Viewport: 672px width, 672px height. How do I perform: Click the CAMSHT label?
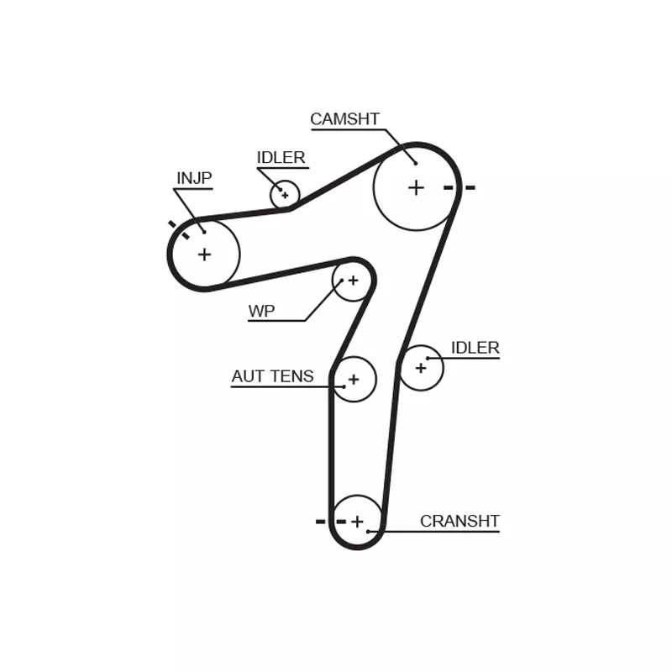click(344, 119)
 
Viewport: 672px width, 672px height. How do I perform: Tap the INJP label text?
click(194, 178)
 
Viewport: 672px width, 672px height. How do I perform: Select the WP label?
click(261, 311)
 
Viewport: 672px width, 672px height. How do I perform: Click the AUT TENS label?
click(272, 376)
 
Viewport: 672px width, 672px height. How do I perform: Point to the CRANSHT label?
click(459, 521)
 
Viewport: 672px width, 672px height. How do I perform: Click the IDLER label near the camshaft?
click(281, 158)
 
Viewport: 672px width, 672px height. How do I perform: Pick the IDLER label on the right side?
click(475, 348)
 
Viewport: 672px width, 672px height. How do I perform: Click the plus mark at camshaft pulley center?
click(416, 187)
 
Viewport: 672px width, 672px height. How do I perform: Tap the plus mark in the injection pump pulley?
click(204, 255)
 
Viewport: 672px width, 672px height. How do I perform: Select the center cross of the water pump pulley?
click(353, 281)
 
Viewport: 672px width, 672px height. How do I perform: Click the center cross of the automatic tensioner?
click(354, 380)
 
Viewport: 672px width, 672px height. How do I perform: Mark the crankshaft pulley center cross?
click(357, 522)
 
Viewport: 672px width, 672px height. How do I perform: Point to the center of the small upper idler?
click(285, 196)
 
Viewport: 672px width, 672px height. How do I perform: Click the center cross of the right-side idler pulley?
click(421, 368)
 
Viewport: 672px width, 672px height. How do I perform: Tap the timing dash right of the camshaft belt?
click(470, 187)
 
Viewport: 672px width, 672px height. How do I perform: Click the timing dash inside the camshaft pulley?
click(449, 187)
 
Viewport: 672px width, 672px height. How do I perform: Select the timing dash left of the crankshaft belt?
click(320, 522)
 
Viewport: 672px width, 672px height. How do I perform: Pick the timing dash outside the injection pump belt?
click(172, 224)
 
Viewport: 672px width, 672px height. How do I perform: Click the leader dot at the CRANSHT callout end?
click(368, 532)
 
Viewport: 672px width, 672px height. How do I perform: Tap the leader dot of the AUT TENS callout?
click(344, 386)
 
